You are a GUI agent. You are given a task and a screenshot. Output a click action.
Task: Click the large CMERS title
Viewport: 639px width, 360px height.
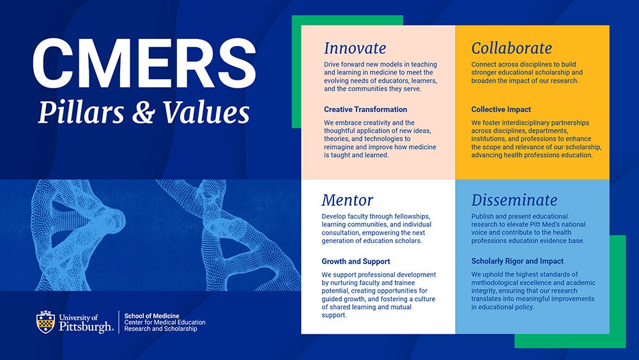coord(144,63)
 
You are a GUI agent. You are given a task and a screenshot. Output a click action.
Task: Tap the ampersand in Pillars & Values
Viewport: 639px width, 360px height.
coord(143,112)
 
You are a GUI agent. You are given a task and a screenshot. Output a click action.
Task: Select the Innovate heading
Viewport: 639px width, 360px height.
coord(355,48)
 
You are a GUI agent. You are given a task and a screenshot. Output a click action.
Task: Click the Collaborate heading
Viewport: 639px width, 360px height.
coord(511,48)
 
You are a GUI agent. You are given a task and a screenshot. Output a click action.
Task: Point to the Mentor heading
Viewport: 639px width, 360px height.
coord(347,200)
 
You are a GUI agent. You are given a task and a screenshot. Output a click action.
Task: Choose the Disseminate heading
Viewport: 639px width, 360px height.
coord(514,200)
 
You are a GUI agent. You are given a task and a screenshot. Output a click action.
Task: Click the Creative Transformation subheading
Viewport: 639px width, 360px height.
coord(366,109)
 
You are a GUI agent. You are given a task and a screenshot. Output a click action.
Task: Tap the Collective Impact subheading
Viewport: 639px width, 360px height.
coord(501,109)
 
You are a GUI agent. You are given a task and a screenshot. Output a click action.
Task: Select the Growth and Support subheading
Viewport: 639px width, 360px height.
coord(356,262)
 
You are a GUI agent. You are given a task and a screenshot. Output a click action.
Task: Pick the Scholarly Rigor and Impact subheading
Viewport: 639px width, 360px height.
coord(517,262)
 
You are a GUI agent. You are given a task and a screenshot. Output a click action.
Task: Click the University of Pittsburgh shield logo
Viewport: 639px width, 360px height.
coord(45,322)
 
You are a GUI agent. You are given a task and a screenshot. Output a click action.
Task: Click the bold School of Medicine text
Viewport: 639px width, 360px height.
coord(151,316)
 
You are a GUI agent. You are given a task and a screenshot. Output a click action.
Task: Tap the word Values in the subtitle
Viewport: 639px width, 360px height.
coord(206,112)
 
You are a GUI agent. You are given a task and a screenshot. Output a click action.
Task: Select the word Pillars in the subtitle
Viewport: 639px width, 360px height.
coord(81,112)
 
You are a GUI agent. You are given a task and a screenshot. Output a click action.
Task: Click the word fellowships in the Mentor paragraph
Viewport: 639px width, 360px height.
coord(410,217)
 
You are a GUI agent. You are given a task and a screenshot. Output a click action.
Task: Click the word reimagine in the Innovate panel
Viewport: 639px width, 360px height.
coord(340,147)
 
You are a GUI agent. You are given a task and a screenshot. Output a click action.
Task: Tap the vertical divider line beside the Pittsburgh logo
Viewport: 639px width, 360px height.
coord(119,322)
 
